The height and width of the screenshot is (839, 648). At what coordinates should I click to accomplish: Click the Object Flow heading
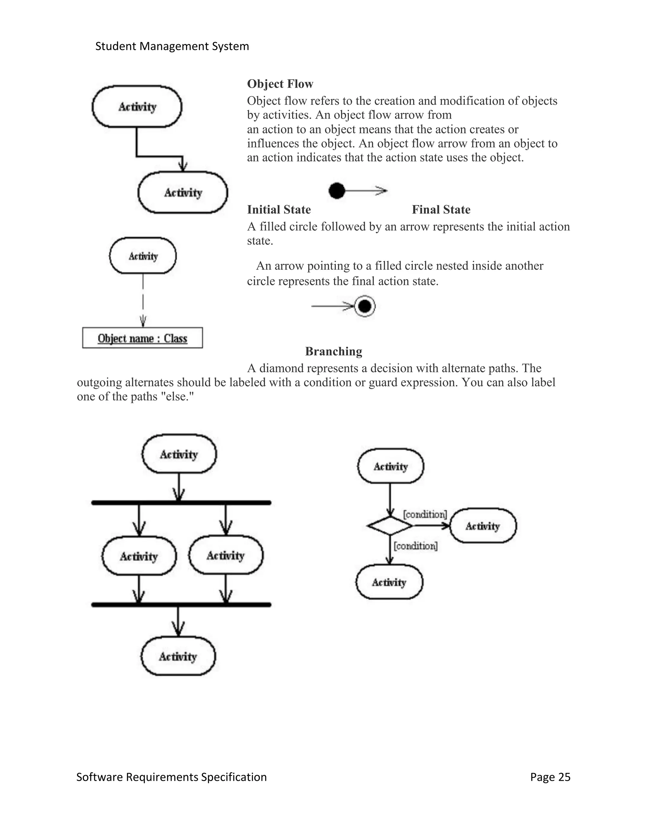point(280,84)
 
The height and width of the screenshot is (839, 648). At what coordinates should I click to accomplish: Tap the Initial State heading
point(279,210)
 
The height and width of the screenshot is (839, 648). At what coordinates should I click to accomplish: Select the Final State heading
point(441,210)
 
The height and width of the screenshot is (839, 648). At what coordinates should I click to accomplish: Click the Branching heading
point(333,351)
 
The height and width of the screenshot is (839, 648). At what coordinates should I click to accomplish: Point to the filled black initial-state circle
point(337,191)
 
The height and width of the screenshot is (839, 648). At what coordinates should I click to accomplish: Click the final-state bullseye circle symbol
point(364,306)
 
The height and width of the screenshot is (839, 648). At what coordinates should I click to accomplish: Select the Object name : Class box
point(142,338)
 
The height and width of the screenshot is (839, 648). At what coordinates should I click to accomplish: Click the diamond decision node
point(389,526)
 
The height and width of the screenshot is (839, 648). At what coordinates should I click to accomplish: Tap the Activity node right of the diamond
point(483,526)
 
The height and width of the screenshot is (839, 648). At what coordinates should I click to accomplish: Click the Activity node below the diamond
point(389,582)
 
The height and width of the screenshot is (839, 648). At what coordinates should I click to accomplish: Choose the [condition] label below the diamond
point(416,546)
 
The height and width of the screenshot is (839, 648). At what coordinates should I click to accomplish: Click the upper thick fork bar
point(181,502)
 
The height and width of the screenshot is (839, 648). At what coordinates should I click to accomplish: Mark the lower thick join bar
point(181,605)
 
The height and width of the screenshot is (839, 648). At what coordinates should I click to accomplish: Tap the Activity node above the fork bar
point(179,454)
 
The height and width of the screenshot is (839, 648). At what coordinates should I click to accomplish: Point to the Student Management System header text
point(172,47)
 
